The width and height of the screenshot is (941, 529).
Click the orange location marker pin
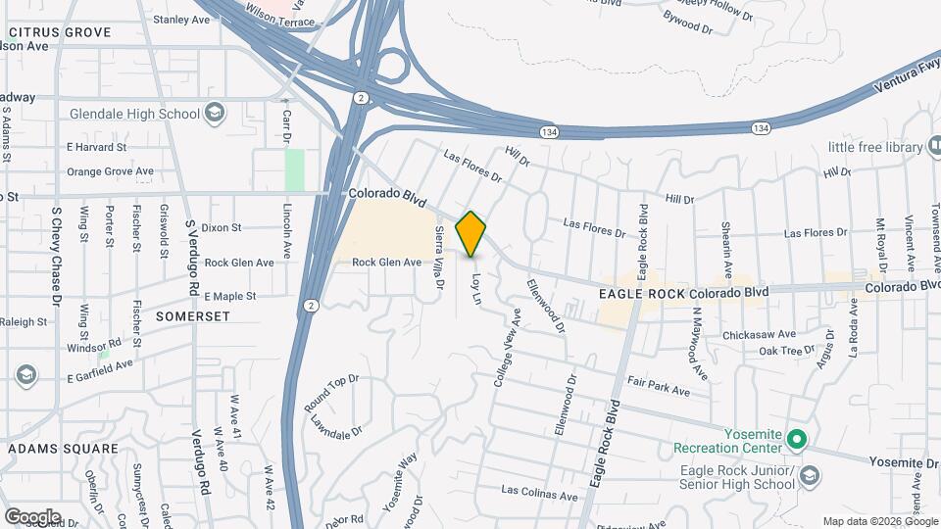click(471, 233)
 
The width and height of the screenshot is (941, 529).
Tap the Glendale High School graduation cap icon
click(214, 114)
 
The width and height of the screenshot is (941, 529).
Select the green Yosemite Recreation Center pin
click(797, 438)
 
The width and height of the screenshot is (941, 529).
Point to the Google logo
click(31, 516)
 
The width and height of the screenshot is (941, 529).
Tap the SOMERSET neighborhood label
click(191, 316)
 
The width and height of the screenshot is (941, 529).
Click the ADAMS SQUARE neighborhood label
click(63, 449)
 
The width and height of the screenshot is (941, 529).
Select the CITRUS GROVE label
click(60, 32)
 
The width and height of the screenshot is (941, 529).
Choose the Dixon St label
click(223, 227)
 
